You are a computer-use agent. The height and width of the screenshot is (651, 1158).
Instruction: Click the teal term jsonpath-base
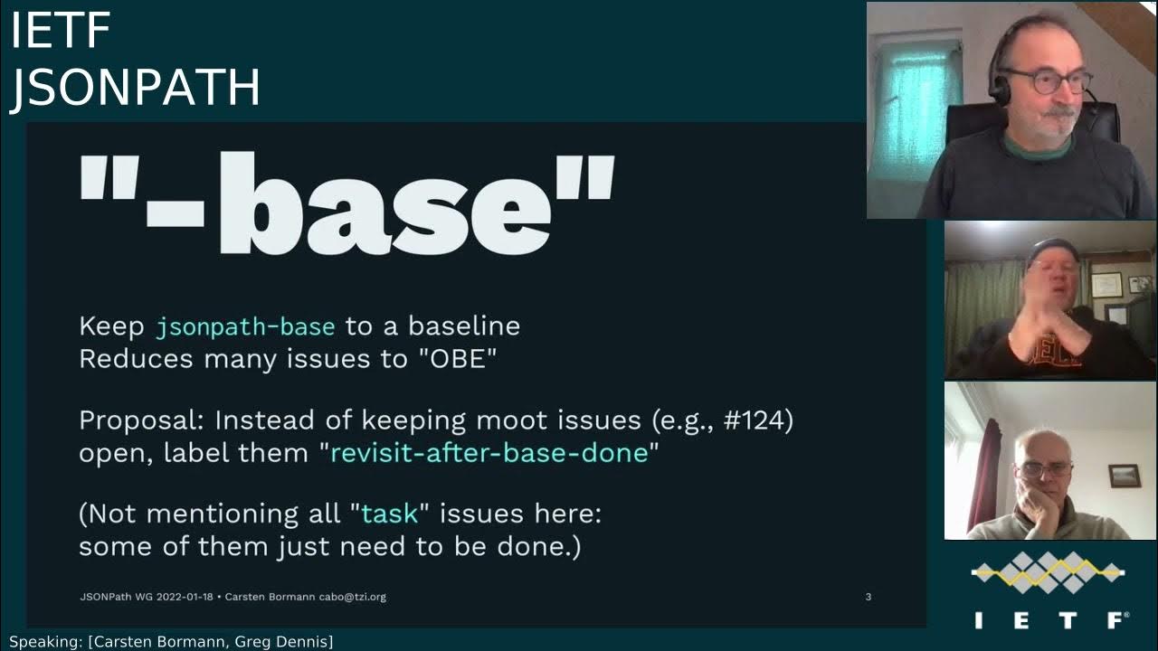tap(245, 326)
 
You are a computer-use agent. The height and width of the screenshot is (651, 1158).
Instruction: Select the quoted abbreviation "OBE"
tap(458, 359)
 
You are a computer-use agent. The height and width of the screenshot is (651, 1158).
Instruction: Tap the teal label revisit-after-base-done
tap(489, 453)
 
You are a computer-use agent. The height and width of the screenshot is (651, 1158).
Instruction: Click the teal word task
tap(389, 514)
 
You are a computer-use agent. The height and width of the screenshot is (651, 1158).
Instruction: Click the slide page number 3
tap(868, 597)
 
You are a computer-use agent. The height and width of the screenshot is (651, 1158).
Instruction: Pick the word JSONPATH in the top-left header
tap(136, 89)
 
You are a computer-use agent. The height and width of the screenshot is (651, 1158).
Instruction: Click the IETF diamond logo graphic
tap(1048, 572)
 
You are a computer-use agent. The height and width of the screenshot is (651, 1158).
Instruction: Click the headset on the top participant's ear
tap(999, 87)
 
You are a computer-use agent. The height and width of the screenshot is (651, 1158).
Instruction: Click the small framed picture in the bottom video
tap(1124, 476)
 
